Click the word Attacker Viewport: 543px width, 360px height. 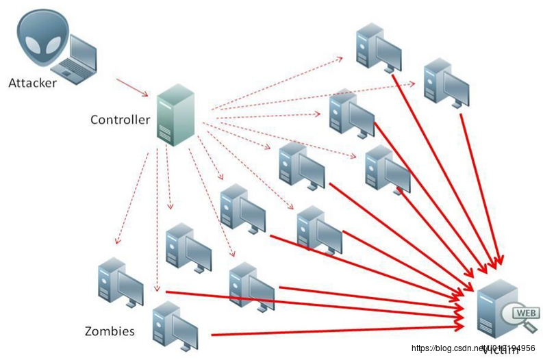[x=31, y=83]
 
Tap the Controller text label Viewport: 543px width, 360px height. [x=120, y=120]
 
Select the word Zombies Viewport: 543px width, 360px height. [x=109, y=332]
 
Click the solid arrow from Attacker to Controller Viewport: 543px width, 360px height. [x=131, y=86]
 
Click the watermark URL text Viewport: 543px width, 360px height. [x=473, y=348]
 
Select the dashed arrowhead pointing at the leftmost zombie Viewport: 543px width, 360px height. [x=118, y=242]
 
